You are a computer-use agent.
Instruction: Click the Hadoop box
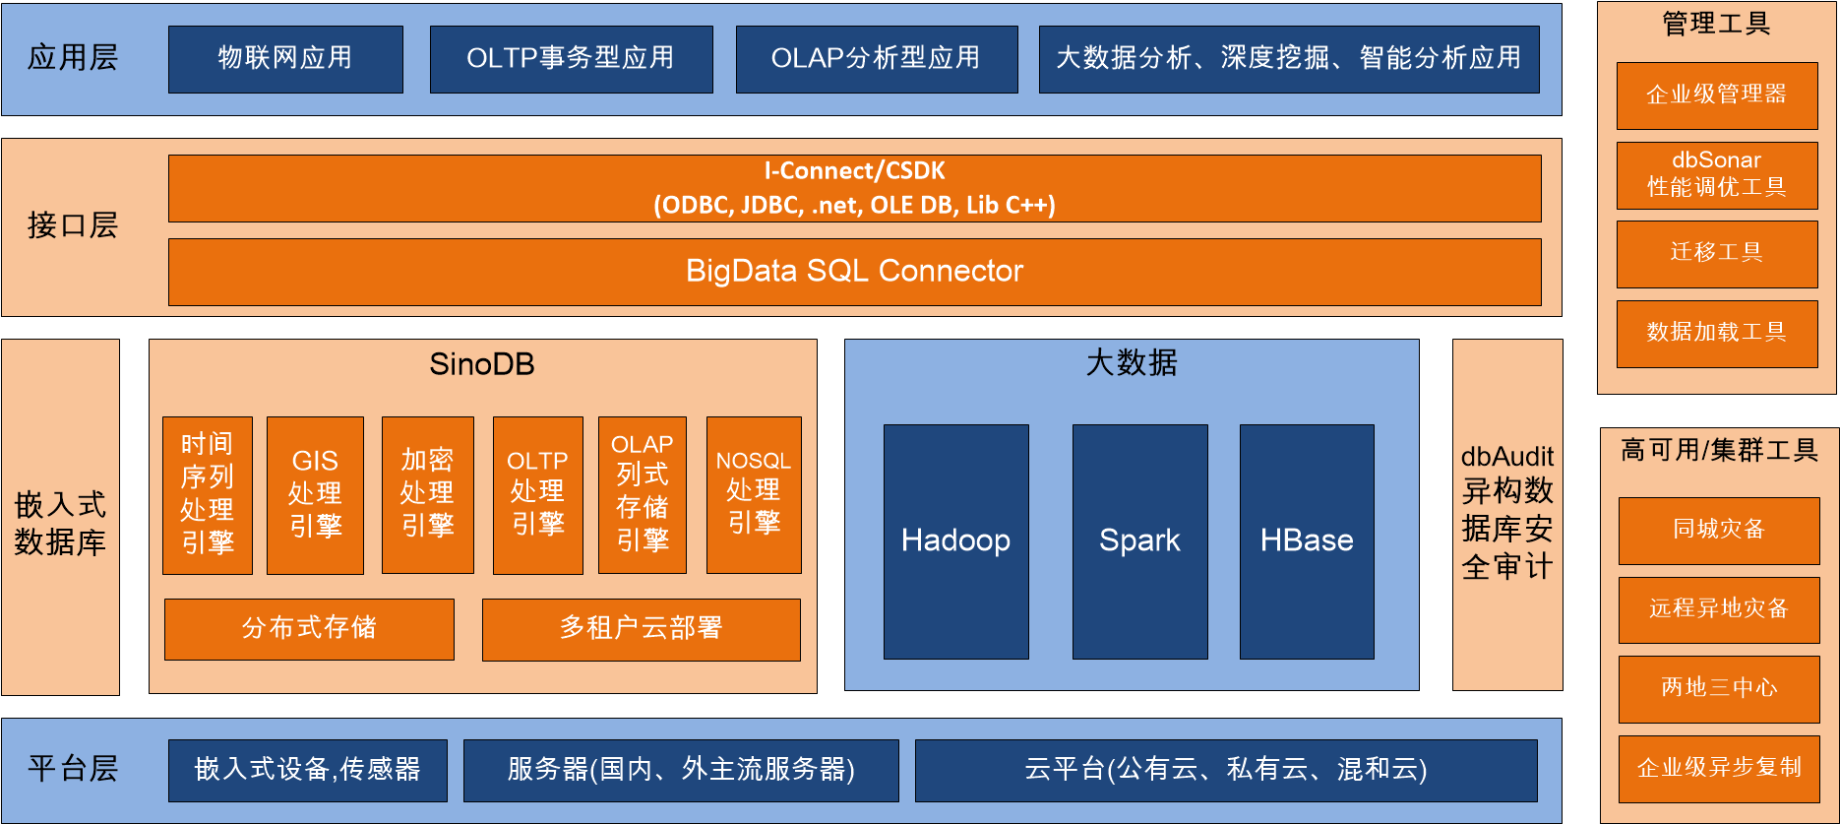pos(955,541)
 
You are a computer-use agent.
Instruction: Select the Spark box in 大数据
pos(1139,541)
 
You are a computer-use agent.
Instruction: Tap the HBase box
pos(1307,541)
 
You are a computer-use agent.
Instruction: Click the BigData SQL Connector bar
pos(854,272)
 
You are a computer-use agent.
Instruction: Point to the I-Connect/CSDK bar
pos(854,188)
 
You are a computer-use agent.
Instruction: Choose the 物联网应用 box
pos(285,59)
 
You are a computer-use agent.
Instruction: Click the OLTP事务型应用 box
pos(571,59)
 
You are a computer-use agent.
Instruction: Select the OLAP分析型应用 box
pos(876,59)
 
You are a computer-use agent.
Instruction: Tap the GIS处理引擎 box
pos(315,494)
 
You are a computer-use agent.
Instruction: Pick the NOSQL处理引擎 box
pos(754,494)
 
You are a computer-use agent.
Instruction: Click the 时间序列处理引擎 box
pos(208,494)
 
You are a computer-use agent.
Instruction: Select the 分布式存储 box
pos(309,629)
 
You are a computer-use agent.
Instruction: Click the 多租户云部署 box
pos(641,629)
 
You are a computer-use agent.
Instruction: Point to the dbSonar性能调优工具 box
pos(1717,175)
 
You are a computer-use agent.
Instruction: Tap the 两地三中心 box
pos(1719,688)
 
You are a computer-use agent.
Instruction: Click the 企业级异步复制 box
pos(1719,768)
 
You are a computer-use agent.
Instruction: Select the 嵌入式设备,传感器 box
pos(307,770)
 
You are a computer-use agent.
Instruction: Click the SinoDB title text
pos(482,365)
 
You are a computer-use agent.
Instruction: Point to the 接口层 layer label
pos(73,226)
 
